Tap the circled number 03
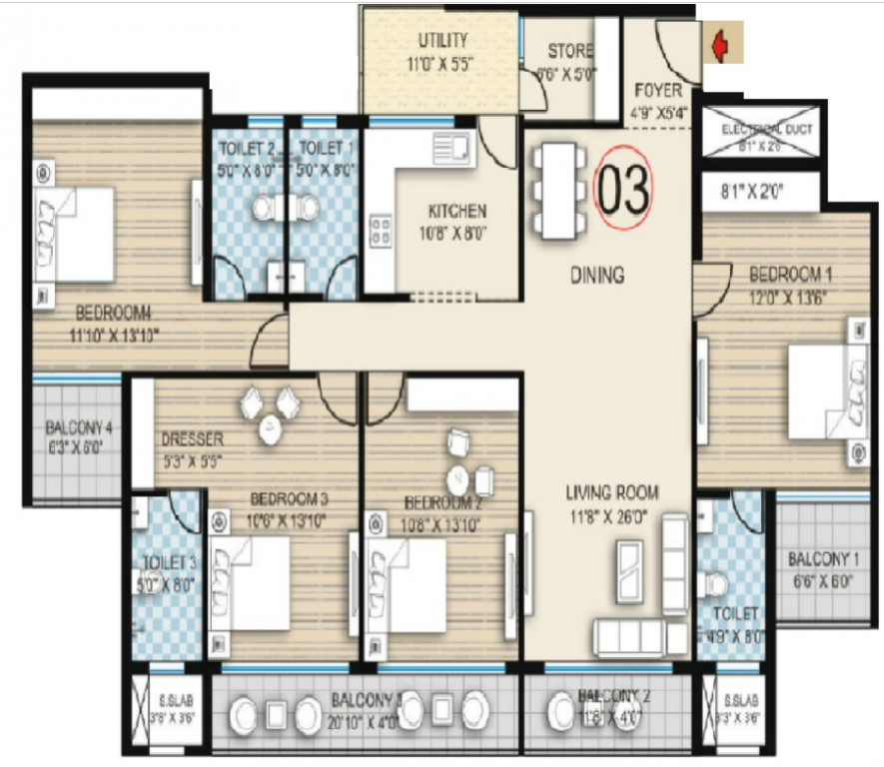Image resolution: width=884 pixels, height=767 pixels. coord(623,189)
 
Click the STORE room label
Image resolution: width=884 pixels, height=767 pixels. coord(569,51)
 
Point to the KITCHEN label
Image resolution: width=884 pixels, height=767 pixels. coord(456,211)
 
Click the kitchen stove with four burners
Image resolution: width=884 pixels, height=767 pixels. coord(381,232)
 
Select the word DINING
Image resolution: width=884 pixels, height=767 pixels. coord(597,275)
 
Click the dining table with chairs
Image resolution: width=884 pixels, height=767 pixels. coord(556,190)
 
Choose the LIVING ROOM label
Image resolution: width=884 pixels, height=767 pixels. coord(612,491)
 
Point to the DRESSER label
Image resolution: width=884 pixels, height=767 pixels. coord(192,439)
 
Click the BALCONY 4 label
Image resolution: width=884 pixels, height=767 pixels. coord(78,429)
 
